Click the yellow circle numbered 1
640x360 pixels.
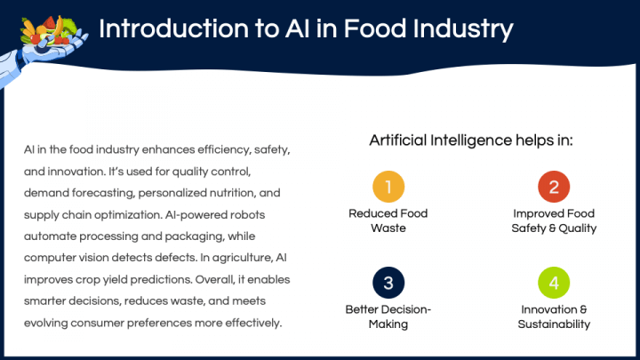(x=388, y=187)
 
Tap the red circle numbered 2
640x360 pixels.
(x=554, y=187)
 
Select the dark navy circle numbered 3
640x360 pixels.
(x=388, y=283)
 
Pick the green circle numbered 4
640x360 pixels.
(x=554, y=283)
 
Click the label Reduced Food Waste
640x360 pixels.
(x=388, y=220)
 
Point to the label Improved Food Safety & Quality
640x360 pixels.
(x=554, y=220)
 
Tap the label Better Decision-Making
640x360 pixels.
(x=388, y=316)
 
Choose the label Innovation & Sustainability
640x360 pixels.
(x=554, y=316)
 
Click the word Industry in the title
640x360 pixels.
(x=462, y=29)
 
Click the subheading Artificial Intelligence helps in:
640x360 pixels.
(x=471, y=140)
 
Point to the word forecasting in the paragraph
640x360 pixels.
(x=103, y=193)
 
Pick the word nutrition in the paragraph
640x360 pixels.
(x=233, y=193)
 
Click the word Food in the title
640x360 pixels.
(x=375, y=28)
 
